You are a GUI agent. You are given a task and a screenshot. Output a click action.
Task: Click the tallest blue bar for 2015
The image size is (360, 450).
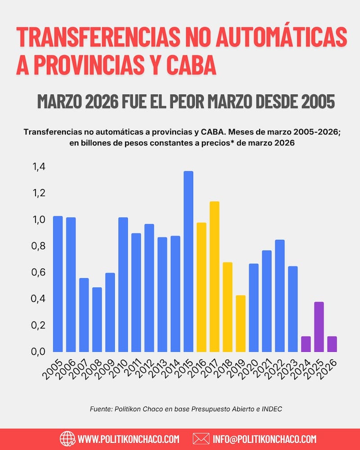pos(188,261)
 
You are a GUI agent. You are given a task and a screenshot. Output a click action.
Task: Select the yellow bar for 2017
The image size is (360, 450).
pos(214,276)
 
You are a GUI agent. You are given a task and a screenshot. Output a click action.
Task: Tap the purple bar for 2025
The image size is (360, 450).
pos(319,327)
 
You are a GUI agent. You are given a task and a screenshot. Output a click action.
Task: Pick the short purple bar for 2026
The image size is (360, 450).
pos(332,344)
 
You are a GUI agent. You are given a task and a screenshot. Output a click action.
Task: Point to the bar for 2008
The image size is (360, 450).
pos(97,319)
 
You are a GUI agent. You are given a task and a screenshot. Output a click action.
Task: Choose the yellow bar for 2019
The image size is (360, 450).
pos(240,323)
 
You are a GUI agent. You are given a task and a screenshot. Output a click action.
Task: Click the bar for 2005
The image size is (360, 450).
pos(58,283)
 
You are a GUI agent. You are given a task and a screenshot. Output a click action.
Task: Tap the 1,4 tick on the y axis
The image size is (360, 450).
pos(39,167)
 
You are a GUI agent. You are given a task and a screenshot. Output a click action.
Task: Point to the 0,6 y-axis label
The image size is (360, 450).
pos(39,273)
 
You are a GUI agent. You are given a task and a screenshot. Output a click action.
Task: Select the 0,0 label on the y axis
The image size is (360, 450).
pos(39,351)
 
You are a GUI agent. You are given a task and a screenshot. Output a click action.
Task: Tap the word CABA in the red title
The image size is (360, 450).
pos(190,66)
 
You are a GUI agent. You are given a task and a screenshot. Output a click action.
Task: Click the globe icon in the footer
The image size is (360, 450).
pos(67,438)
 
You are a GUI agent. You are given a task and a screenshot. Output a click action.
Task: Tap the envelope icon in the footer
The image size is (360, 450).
pos(201,438)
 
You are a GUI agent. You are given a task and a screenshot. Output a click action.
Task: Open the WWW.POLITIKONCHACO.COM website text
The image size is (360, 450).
pos(129,439)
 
